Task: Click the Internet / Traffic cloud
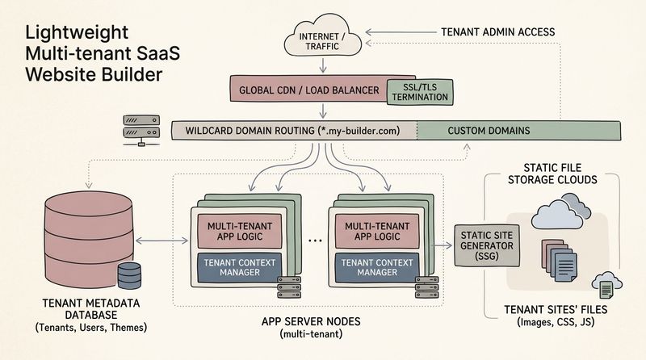pos(322,36)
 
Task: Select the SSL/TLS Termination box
pos(420,92)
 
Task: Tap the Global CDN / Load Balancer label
pos(309,90)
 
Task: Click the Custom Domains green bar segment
pos(518,131)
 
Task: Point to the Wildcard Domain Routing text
pos(292,131)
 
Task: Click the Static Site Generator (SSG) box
pos(487,246)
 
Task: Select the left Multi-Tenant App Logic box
pos(240,231)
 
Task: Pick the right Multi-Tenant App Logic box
pos(377,231)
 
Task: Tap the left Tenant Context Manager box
pos(240,268)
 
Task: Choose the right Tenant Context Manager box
pos(377,268)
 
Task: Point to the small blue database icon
pos(129,275)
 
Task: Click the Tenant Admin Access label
pos(497,32)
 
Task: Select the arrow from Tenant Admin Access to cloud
pos(401,32)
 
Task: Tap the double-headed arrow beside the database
pos(161,241)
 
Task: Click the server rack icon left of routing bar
pos(141,130)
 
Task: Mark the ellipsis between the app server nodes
pos(315,241)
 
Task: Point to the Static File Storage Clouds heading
pos(552,174)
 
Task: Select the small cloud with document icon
pos(607,285)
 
